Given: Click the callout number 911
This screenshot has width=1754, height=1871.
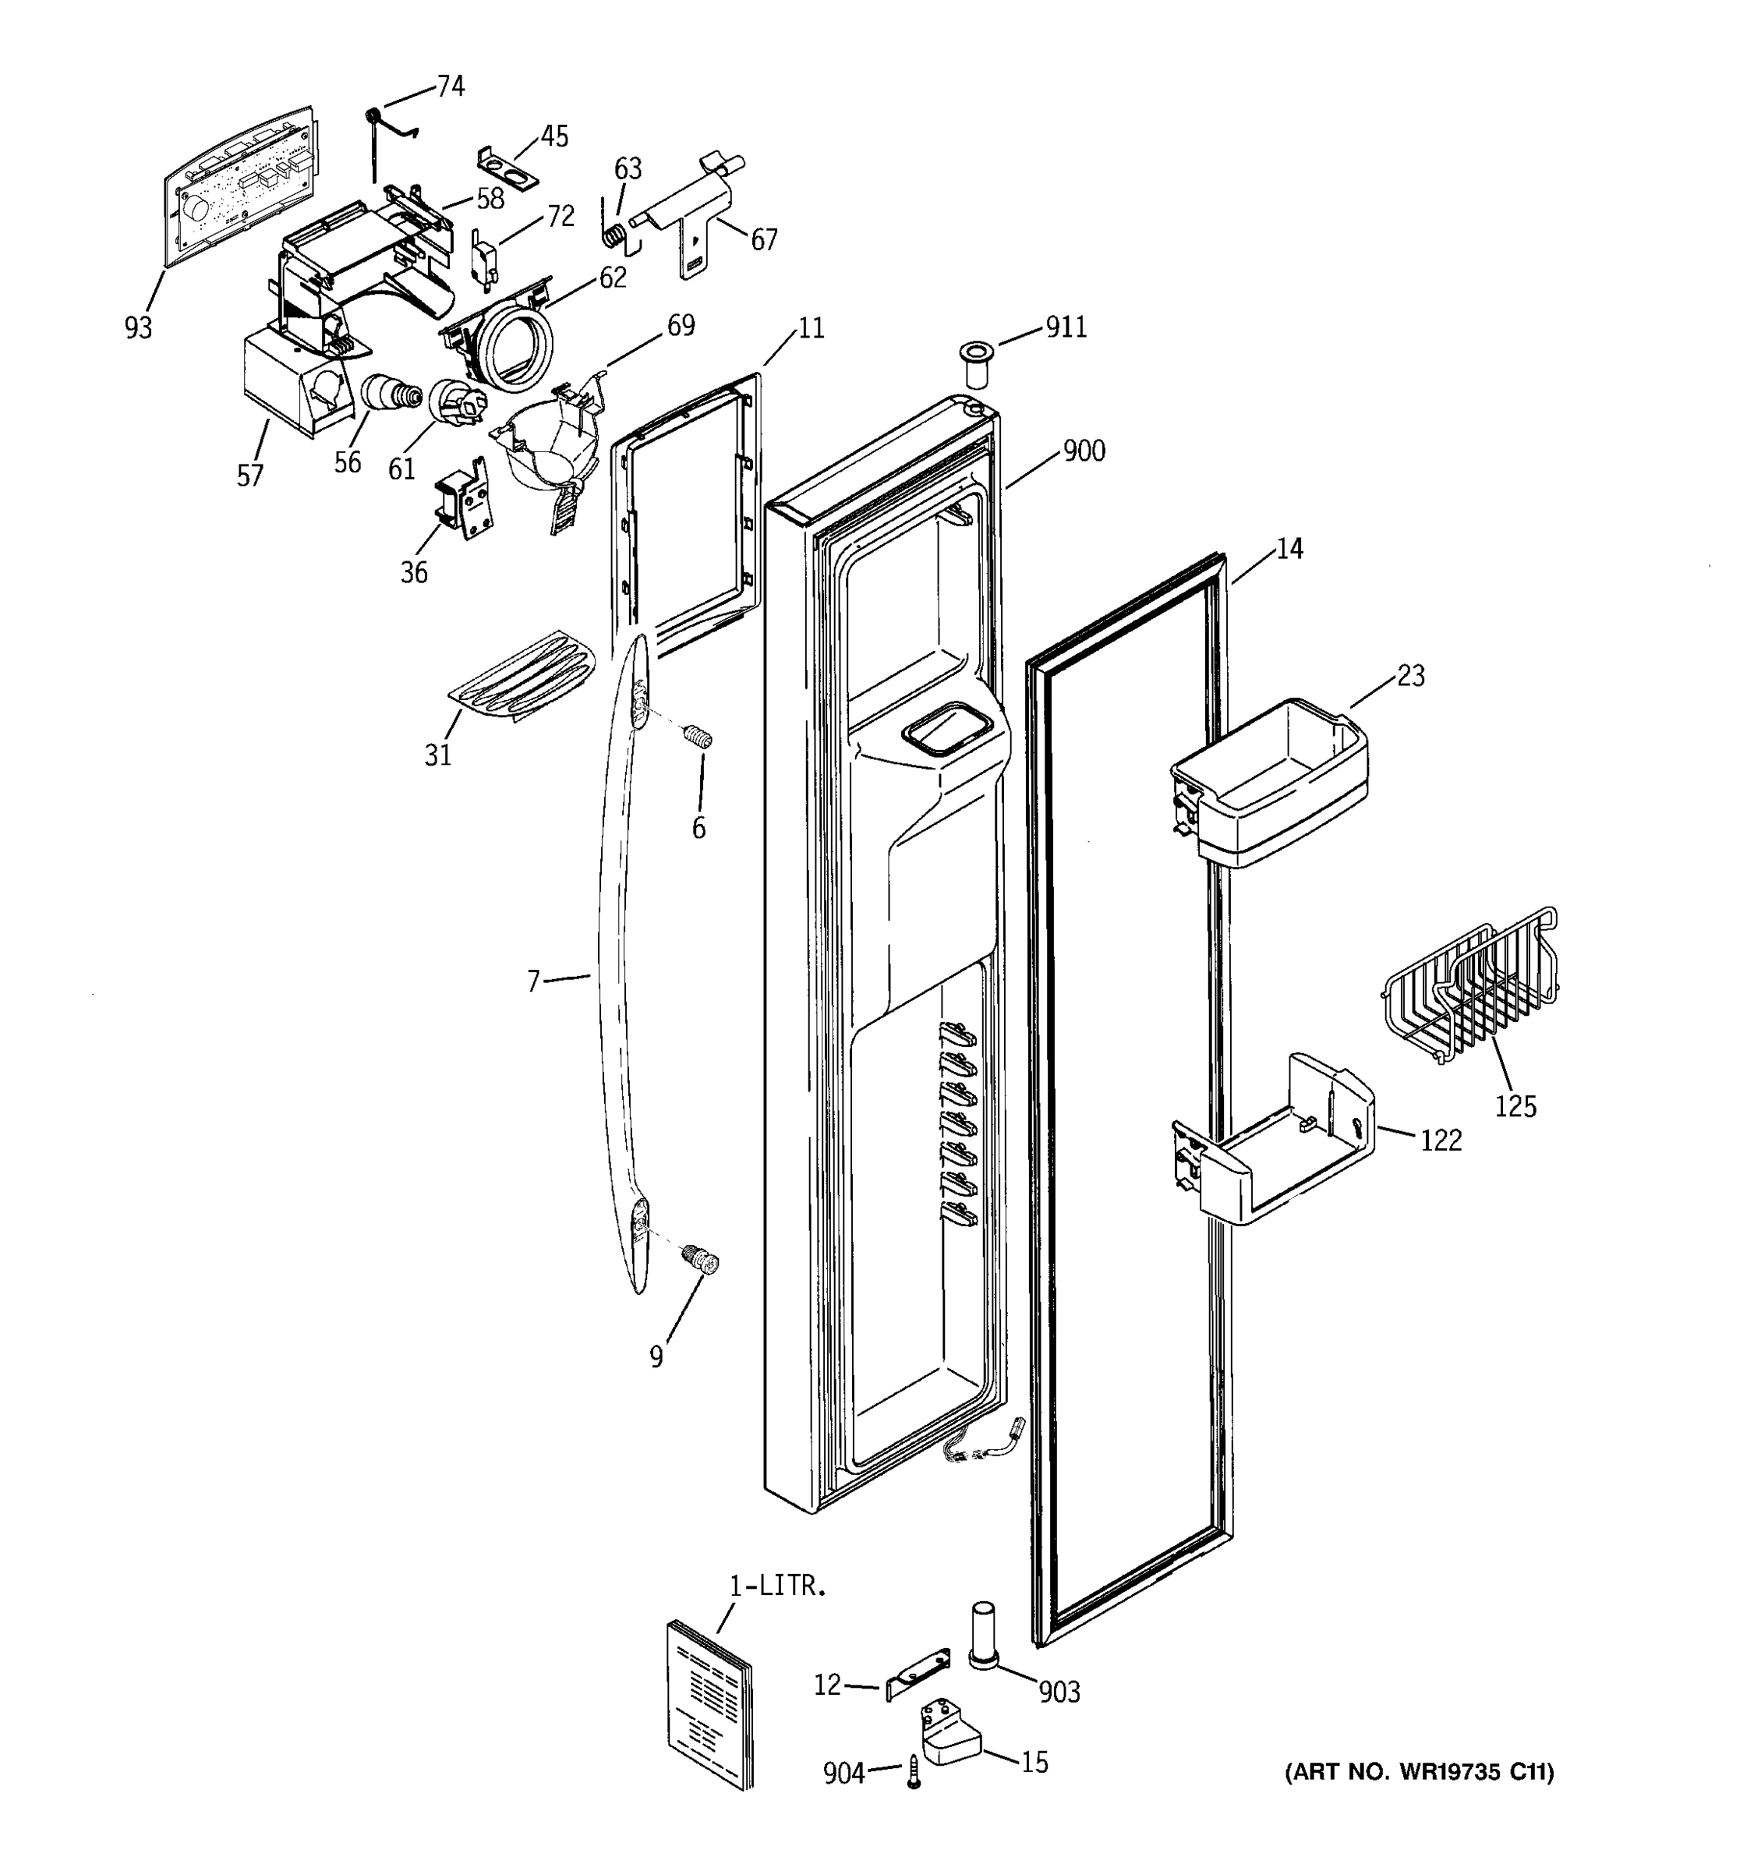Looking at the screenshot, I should (x=1066, y=327).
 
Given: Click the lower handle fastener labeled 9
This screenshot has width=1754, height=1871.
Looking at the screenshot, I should (x=703, y=1258).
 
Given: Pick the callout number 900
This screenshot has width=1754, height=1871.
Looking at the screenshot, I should (x=1084, y=451).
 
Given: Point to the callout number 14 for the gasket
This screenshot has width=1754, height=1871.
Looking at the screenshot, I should (x=1289, y=549).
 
